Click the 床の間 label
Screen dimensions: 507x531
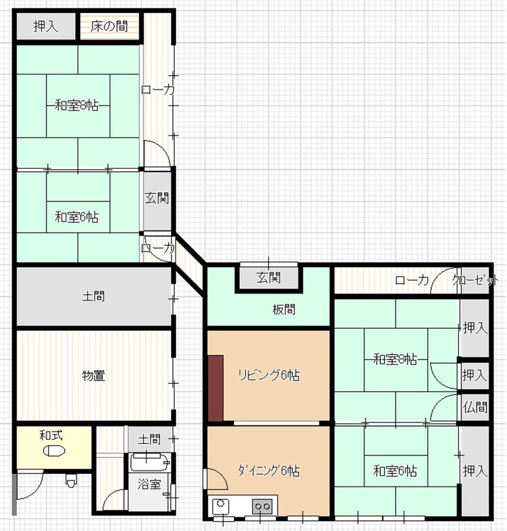coord(109,26)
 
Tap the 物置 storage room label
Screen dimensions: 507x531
coord(94,375)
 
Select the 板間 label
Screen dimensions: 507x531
coord(284,309)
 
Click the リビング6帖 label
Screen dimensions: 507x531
coord(269,375)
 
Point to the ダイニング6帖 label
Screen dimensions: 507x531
coord(269,470)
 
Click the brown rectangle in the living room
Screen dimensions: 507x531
coord(216,389)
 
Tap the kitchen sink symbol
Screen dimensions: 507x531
coord(221,507)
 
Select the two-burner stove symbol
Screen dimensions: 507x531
coord(262,507)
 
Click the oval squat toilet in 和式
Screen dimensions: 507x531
coord(54,451)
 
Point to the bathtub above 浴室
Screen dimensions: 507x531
coord(149,463)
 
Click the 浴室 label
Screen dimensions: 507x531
coord(149,484)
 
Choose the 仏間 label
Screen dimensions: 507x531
coord(475,407)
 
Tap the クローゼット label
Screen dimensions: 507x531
coord(475,280)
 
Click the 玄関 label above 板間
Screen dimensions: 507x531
coord(269,278)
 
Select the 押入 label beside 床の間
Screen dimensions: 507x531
coord(46,26)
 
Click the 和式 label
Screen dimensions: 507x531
coord(51,435)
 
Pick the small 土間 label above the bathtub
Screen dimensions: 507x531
coord(149,440)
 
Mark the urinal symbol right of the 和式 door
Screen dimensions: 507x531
coord(71,480)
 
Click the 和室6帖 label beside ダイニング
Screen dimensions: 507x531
coord(395,470)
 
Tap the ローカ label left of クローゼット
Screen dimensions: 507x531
coord(412,280)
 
